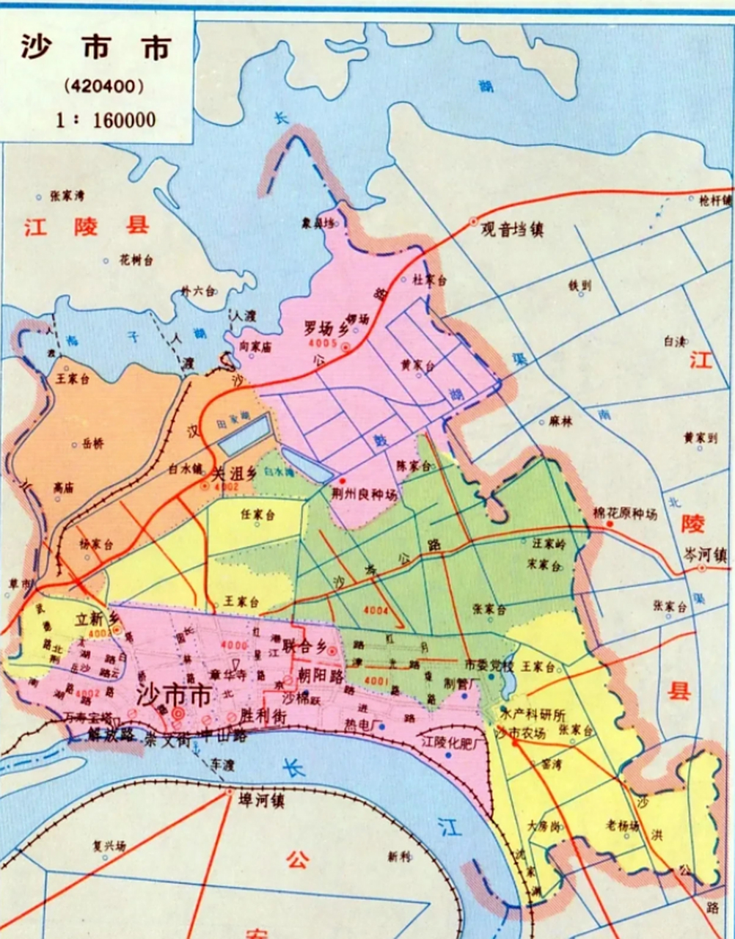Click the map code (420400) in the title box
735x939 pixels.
[103, 85]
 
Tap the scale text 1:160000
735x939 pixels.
[106, 119]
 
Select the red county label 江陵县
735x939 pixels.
[86, 225]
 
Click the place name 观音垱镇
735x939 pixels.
[512, 229]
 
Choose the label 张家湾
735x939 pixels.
[67, 197]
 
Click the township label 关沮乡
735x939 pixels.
[234, 473]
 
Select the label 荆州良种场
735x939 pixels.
[364, 495]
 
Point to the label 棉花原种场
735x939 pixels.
[624, 514]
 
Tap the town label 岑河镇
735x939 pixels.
[706, 555]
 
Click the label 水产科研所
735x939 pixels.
[533, 714]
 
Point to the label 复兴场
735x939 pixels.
[109, 846]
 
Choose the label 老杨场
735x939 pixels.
[622, 825]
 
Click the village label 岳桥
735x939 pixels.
[93, 444]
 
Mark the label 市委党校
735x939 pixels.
[489, 665]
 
